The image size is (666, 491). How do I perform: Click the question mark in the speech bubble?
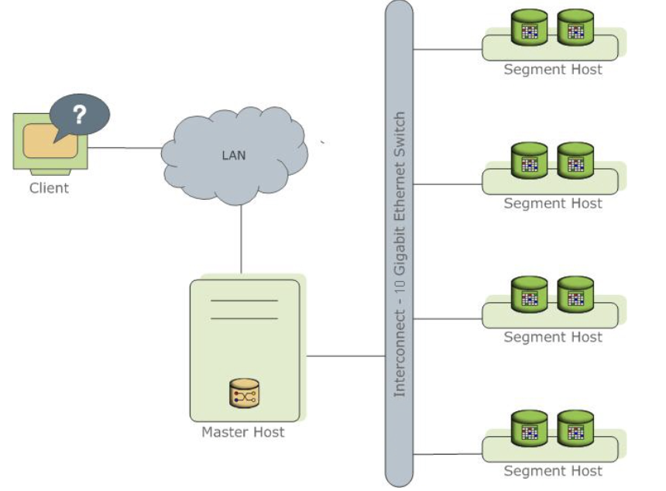[78, 115]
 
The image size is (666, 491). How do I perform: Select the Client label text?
[49, 187]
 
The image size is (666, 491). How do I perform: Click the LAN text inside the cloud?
[234, 155]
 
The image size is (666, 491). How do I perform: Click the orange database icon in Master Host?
[244, 394]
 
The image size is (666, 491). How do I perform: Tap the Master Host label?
[243, 432]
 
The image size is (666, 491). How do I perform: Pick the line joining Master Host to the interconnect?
[345, 356]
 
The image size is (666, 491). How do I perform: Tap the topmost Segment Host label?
[553, 69]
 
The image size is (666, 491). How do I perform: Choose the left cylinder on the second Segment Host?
[530, 160]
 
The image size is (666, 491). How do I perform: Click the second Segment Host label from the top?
[553, 203]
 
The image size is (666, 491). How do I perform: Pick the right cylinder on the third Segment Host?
[575, 295]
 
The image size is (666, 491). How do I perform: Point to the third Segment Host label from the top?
[553, 337]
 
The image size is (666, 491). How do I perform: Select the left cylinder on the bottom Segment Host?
[530, 428]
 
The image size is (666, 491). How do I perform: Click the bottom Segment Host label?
[553, 470]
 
